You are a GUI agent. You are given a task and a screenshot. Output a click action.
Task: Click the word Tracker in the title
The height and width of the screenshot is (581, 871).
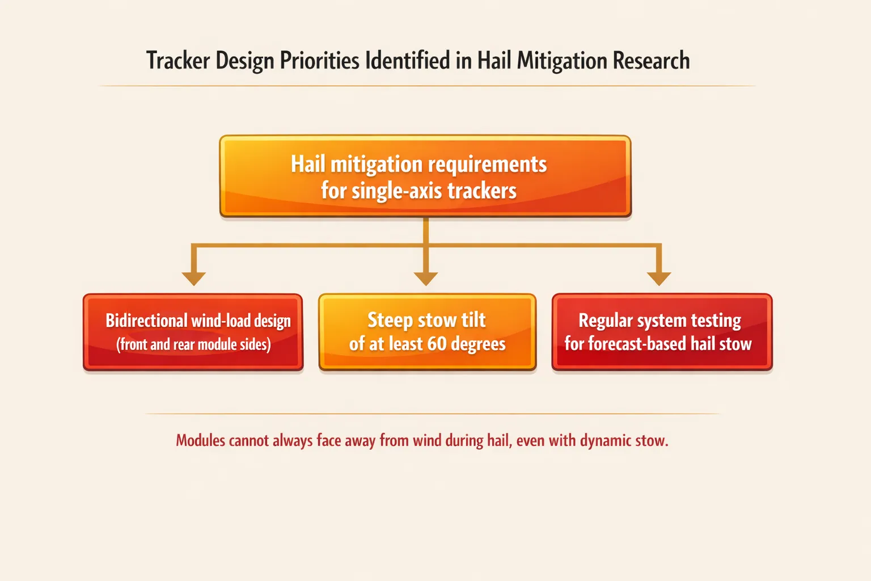tap(178, 61)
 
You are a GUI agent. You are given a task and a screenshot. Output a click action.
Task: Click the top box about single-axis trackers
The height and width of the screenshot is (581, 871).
tap(425, 176)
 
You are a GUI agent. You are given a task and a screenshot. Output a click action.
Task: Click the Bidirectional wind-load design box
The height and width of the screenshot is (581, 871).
tap(193, 332)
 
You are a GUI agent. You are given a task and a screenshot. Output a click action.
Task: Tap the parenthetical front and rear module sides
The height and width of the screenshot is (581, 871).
tap(193, 344)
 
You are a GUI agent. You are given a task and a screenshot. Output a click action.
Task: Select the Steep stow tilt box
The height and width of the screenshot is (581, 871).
tap(427, 332)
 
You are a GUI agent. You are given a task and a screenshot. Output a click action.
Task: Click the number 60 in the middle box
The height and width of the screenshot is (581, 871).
tap(437, 344)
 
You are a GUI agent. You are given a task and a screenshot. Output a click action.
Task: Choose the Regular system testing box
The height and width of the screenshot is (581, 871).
tap(662, 332)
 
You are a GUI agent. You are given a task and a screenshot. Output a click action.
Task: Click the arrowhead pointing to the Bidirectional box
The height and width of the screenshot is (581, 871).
tap(193, 278)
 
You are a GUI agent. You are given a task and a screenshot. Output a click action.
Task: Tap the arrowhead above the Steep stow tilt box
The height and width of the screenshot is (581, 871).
tap(426, 278)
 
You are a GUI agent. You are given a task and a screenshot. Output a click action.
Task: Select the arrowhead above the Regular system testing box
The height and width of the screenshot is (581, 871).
tap(659, 278)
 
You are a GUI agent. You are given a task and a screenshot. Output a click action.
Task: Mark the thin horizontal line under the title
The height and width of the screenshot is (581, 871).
tap(425, 86)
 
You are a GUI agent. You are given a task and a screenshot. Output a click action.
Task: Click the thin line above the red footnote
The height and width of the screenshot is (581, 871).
tap(431, 414)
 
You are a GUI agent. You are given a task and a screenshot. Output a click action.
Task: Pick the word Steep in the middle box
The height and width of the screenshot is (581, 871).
tap(390, 321)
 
